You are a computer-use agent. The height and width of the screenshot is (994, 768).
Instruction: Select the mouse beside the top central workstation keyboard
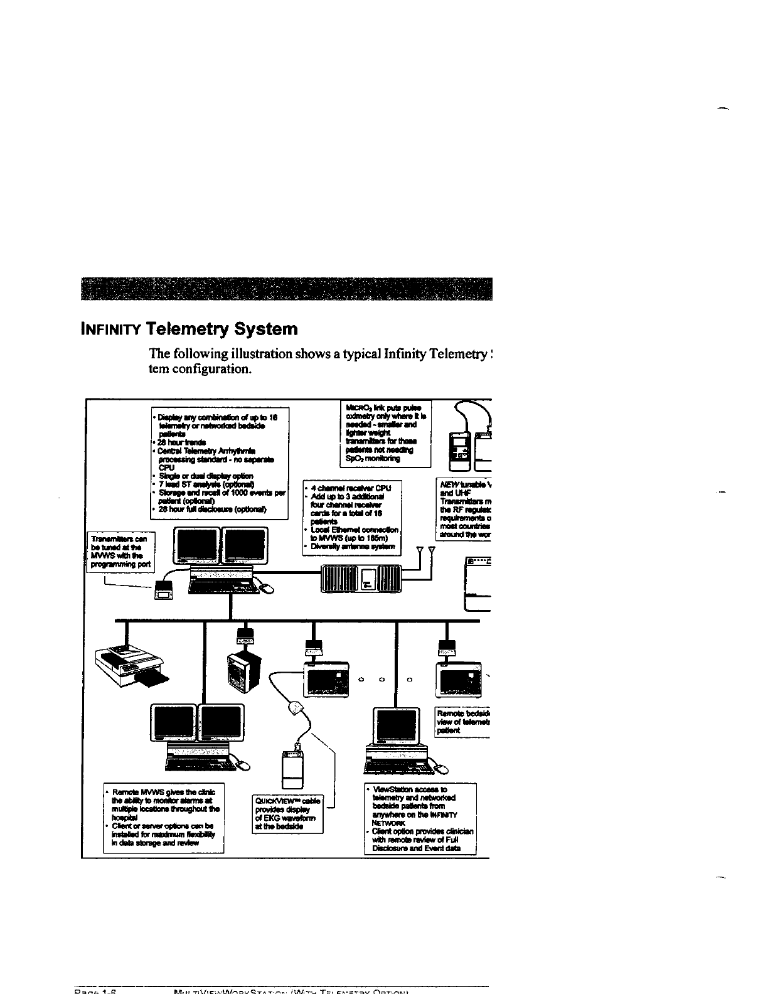tap(269, 587)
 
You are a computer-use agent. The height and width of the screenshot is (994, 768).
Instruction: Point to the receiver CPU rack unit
tap(360, 579)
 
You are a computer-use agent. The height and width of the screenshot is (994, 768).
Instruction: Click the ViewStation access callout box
tap(420, 818)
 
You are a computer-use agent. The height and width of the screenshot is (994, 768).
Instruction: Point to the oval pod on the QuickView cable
tap(295, 708)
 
